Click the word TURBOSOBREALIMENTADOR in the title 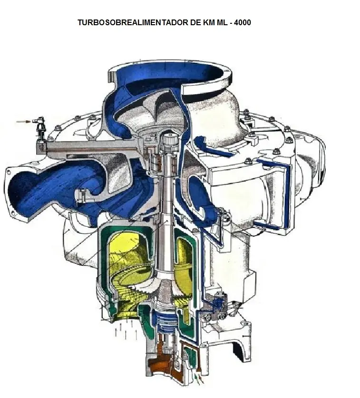[x=133, y=22]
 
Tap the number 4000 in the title [x=243, y=22]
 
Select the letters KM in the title [x=209, y=22]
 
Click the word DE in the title [x=195, y=22]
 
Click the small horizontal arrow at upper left [x=23, y=122]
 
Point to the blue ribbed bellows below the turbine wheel [x=165, y=321]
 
